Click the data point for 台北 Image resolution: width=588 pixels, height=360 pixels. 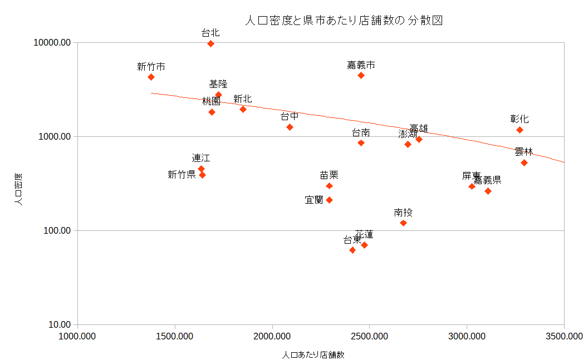pos(210,43)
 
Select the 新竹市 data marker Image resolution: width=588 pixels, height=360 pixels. pos(151,77)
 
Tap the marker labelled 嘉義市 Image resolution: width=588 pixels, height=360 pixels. pos(361,75)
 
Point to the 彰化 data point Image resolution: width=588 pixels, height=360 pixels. pos(520,130)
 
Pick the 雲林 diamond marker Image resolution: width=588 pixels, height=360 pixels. pos(524,162)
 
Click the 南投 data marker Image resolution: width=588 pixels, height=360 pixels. pos(403,223)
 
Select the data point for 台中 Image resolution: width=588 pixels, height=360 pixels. pos(290,127)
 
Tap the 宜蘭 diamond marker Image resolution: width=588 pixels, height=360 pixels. pos(329,200)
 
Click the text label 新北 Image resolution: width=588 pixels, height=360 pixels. pos(242,99)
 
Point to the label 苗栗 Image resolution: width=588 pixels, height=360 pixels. pos(329,175)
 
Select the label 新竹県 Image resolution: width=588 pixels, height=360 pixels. pos(182,175)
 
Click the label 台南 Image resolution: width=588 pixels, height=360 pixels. pos(361,132)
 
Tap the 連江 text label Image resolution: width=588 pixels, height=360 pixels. pos(201,158)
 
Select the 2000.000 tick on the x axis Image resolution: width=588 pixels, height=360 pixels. pos(272,336)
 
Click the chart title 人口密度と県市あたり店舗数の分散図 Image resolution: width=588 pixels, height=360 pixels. pos(344,21)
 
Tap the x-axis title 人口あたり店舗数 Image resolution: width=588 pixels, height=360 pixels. pos(313,354)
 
